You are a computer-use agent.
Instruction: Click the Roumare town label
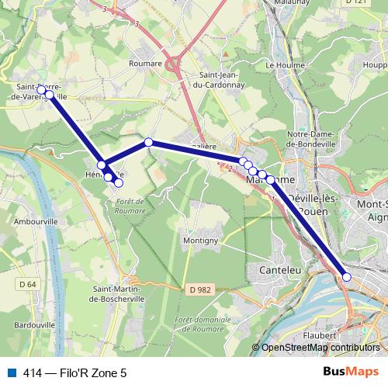click(146, 64)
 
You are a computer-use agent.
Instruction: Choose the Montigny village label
click(200, 241)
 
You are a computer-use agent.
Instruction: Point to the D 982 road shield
click(200, 290)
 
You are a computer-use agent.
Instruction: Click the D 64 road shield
click(26, 284)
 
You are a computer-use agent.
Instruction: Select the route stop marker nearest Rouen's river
click(347, 277)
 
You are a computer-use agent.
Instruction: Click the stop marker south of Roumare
click(148, 142)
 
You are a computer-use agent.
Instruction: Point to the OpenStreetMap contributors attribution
click(320, 348)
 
